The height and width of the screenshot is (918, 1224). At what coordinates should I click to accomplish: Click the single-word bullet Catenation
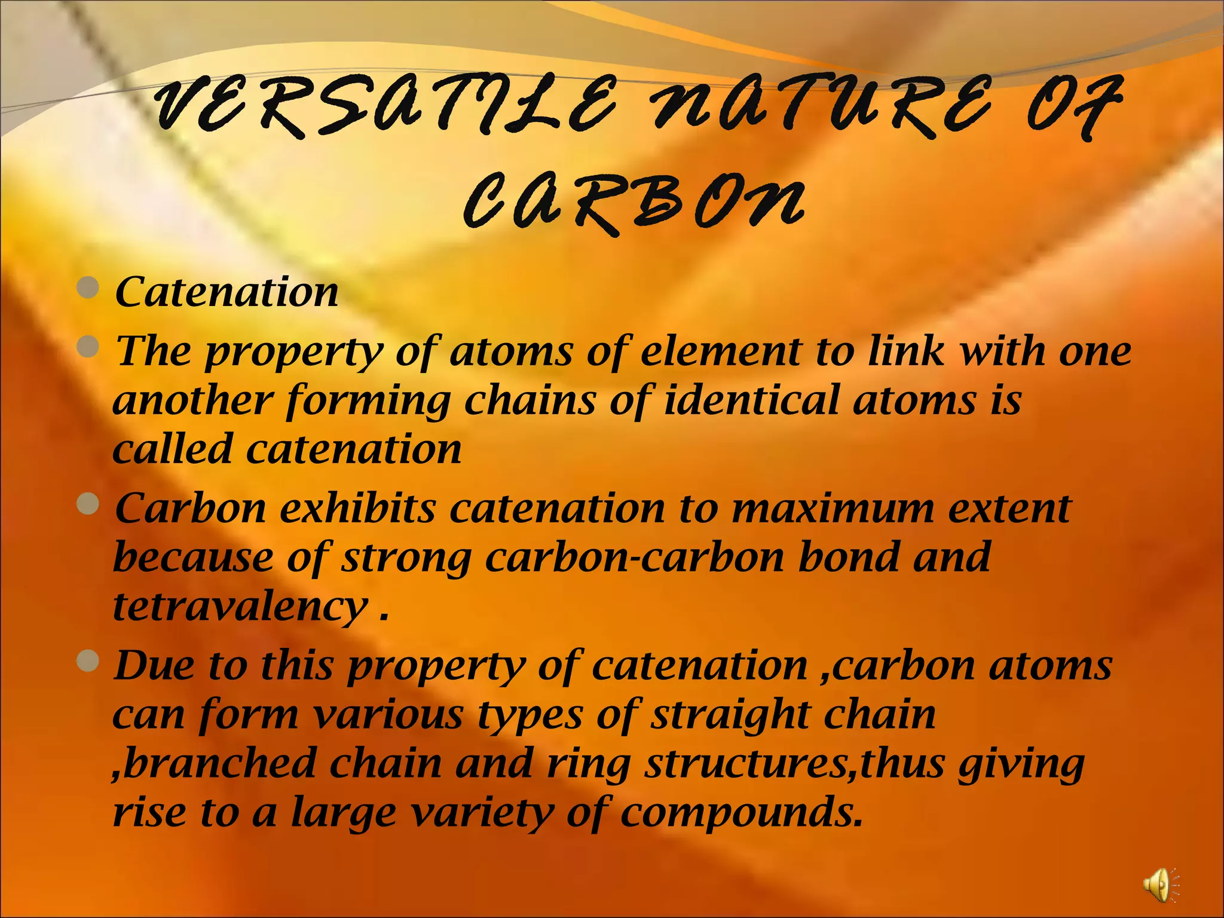[x=227, y=292]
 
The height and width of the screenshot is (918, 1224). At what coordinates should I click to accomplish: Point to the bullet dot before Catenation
[x=88, y=288]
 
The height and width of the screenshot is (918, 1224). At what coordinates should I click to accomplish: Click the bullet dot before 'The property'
[x=88, y=347]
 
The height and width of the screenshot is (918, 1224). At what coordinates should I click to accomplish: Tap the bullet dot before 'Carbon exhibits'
[x=88, y=504]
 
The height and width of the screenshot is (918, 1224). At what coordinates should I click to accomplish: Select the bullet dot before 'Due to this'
[x=88, y=661]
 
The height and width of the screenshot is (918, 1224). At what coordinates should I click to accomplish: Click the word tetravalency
[x=239, y=607]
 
